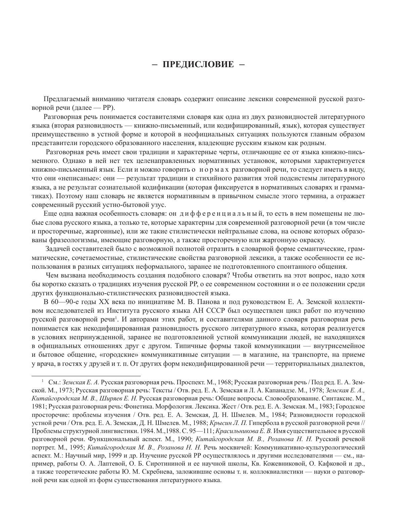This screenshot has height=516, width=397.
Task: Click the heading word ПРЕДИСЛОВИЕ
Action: (198, 64)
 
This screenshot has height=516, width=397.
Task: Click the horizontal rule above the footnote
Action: (86, 376)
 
